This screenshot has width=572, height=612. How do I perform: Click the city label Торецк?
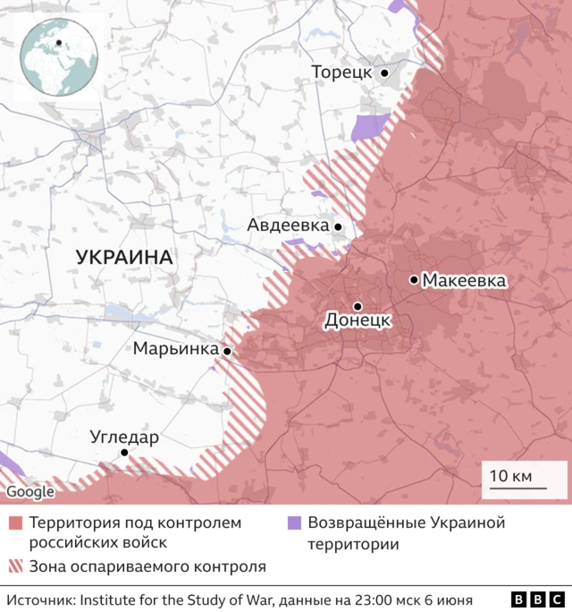point(341,72)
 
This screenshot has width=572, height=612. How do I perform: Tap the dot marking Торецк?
point(384,73)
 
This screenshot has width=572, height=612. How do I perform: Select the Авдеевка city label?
point(288,226)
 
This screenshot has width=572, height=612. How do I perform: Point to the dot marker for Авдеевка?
point(338,227)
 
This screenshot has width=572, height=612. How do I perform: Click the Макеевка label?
point(464,281)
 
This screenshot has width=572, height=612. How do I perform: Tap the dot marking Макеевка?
point(414,280)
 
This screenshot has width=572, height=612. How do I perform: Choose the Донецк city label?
point(357,319)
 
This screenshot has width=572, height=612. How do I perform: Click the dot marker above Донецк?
point(357,305)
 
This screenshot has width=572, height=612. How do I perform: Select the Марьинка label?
point(176,348)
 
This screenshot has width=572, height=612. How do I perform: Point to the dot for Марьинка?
point(227,352)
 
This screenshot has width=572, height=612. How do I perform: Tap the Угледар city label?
point(124,438)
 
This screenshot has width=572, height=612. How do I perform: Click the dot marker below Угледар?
point(124,453)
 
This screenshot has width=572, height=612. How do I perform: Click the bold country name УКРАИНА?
point(124,258)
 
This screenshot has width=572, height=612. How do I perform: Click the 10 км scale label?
point(511,476)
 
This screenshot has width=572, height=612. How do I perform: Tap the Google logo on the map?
point(29,491)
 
